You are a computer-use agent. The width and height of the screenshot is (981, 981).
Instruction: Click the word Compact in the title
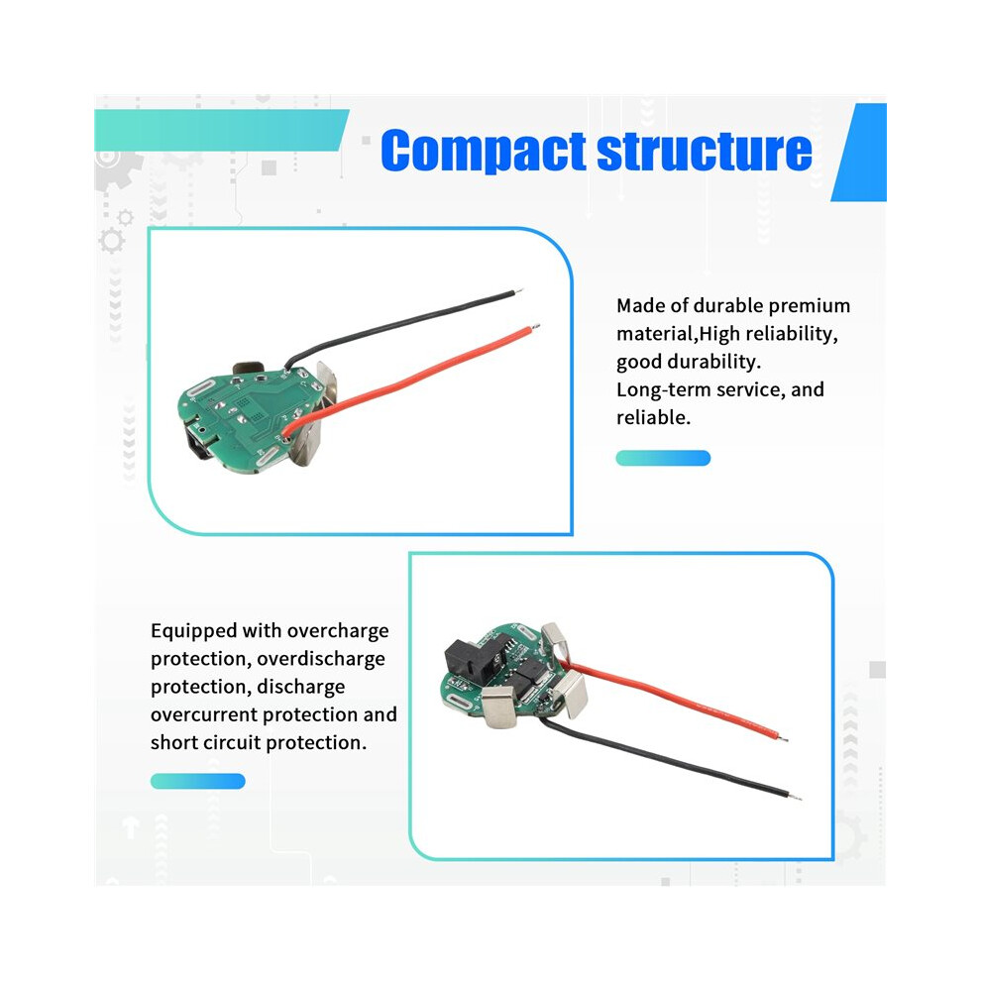(x=483, y=151)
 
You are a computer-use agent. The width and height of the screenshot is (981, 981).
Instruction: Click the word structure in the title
(x=705, y=151)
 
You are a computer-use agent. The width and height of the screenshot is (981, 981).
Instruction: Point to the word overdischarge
(x=321, y=659)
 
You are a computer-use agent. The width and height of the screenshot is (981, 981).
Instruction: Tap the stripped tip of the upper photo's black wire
(x=518, y=291)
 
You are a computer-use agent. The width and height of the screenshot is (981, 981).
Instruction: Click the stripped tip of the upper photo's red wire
(x=535, y=326)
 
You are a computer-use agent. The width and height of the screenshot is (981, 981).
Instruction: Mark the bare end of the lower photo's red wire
(x=783, y=738)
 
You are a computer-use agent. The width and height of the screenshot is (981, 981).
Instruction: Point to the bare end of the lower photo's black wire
(x=796, y=797)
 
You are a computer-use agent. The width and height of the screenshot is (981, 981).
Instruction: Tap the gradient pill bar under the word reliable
(x=663, y=458)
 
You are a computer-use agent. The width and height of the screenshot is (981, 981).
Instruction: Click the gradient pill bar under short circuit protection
(x=198, y=781)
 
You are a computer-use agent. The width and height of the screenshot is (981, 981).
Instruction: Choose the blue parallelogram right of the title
(x=859, y=153)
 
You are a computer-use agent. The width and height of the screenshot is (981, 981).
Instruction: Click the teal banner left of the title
(x=222, y=130)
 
